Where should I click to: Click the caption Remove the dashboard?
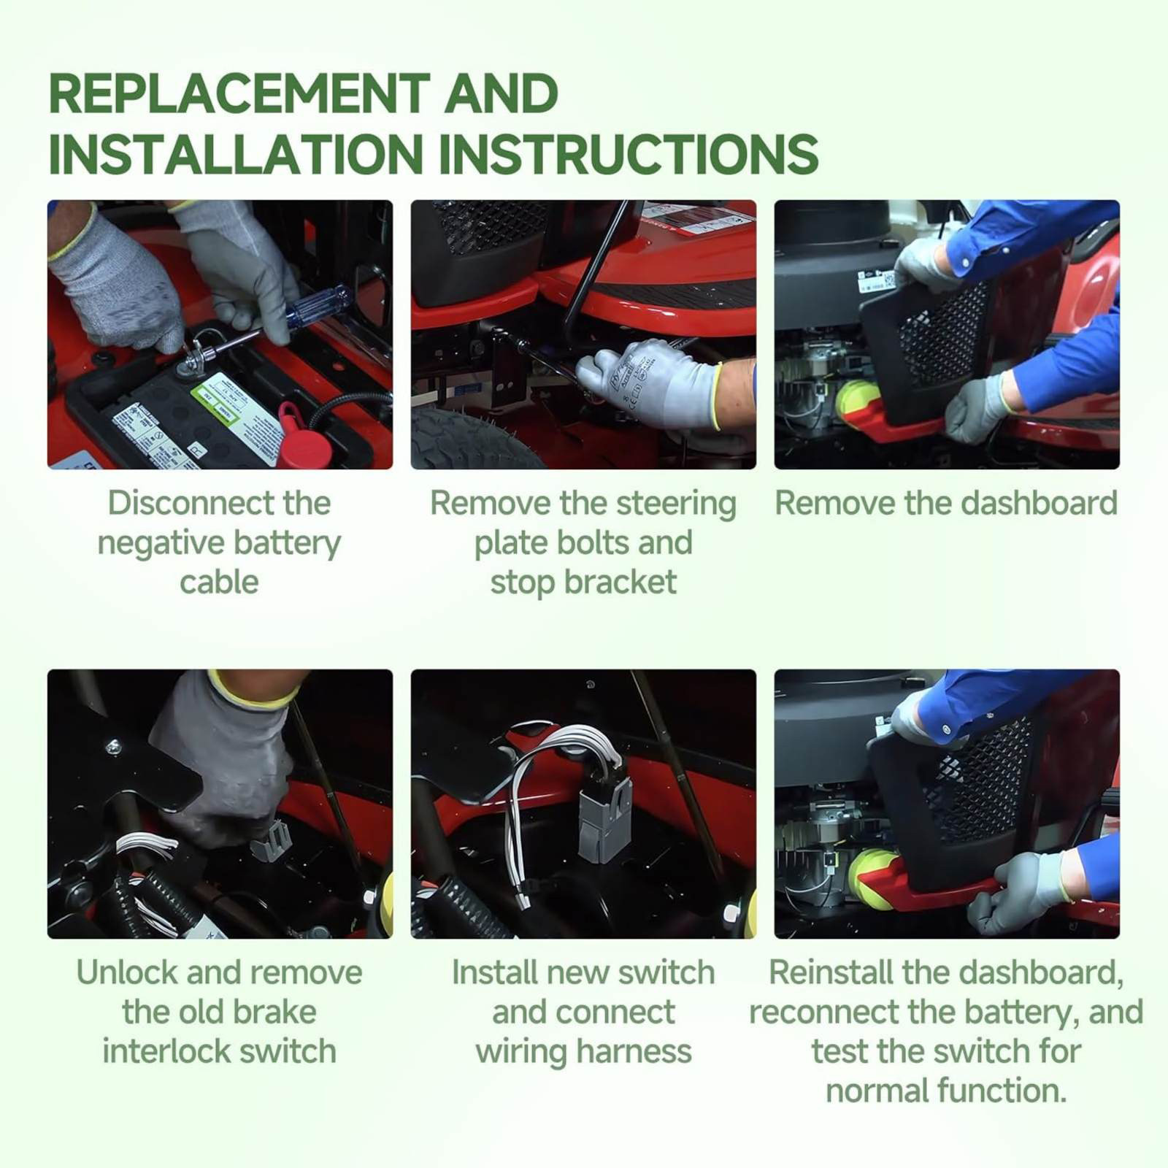[x=946, y=503]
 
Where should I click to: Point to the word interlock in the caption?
[x=166, y=1052]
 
